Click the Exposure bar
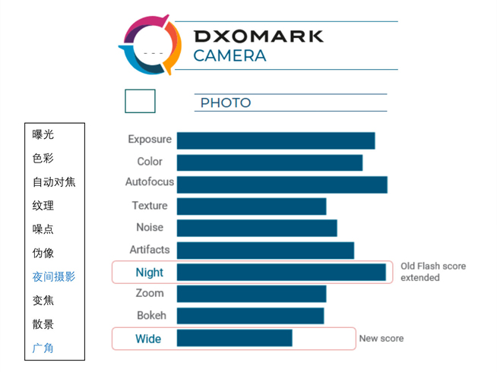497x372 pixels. point(275,140)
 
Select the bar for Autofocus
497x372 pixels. point(282,184)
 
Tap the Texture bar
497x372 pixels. point(252,206)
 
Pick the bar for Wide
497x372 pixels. point(234,338)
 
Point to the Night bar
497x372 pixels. point(281,272)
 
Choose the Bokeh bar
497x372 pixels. point(250,316)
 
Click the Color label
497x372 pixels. point(150,161)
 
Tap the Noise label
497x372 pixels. point(150,227)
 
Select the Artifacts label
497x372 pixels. point(150,249)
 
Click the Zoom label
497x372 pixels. point(150,293)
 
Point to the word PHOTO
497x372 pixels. point(225,103)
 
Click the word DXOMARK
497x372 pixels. point(258,36)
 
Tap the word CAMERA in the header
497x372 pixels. point(230,55)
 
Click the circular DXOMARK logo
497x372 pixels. point(150,45)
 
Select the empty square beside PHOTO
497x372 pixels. point(140,101)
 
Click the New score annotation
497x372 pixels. point(381,339)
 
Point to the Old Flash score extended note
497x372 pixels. point(433,272)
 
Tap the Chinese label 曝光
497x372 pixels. point(43,134)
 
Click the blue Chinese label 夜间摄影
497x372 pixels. point(54,277)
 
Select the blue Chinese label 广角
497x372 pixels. point(43,348)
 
